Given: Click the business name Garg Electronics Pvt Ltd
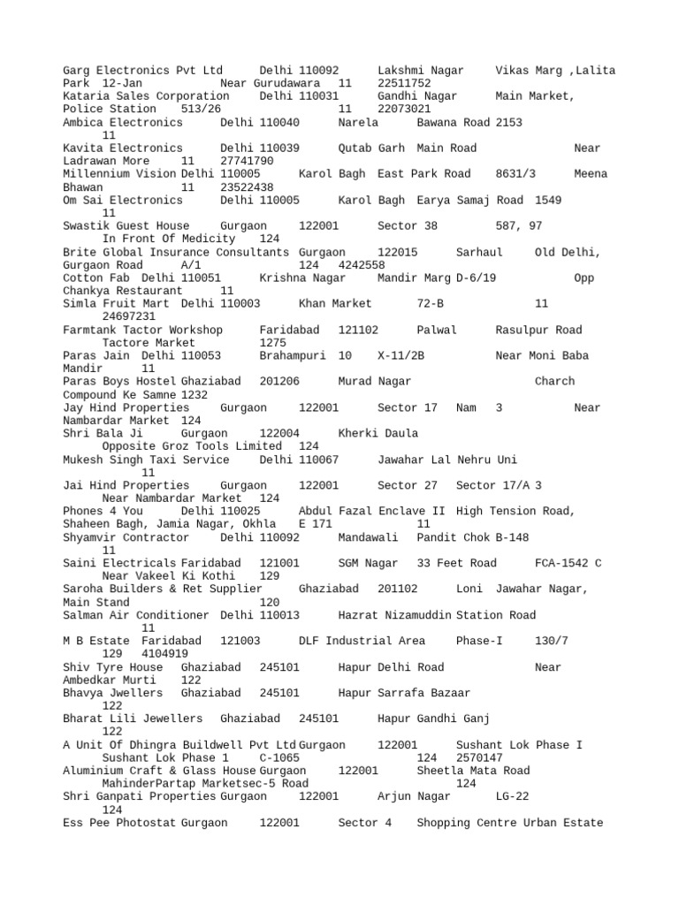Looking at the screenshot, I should tap(143, 70).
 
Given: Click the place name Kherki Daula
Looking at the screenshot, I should tap(378, 434).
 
